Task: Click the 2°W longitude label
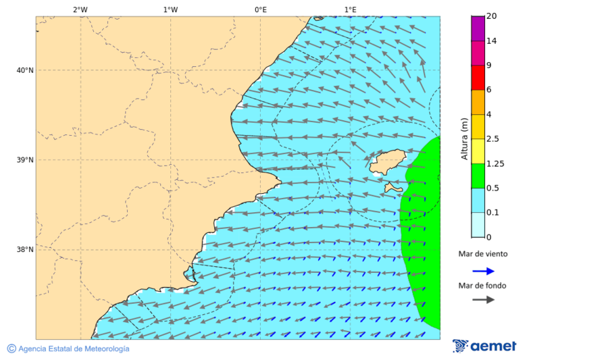click(x=80, y=9)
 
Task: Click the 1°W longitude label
click(x=170, y=9)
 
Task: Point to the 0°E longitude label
click(x=260, y=9)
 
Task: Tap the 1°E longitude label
click(x=350, y=9)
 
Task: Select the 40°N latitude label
click(x=24, y=70)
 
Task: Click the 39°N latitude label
click(x=24, y=160)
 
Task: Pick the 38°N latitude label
click(x=24, y=250)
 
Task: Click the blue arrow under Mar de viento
click(x=483, y=271)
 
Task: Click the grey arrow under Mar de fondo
click(x=483, y=300)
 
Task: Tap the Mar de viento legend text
click(x=483, y=255)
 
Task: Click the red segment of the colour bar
click(x=478, y=78)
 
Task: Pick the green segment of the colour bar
click(x=478, y=176)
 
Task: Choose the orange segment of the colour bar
click(x=478, y=102)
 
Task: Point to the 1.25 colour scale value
click(x=496, y=163)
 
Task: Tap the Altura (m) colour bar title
click(x=464, y=138)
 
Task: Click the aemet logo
click(x=484, y=346)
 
